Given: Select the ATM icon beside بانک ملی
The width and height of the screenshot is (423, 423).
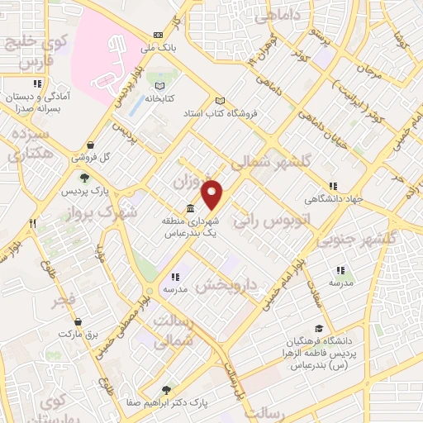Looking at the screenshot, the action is tap(158, 36).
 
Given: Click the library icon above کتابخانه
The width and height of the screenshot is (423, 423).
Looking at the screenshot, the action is tap(160, 87).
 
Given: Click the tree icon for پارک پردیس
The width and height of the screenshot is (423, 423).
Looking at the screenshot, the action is tap(83, 177).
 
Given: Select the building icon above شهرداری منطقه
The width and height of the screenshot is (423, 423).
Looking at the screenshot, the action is tap(190, 207).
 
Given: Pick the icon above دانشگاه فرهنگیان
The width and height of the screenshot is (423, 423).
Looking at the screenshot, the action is tap(319, 329).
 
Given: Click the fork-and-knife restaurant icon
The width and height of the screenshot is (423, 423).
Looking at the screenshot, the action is tap(34, 223).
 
